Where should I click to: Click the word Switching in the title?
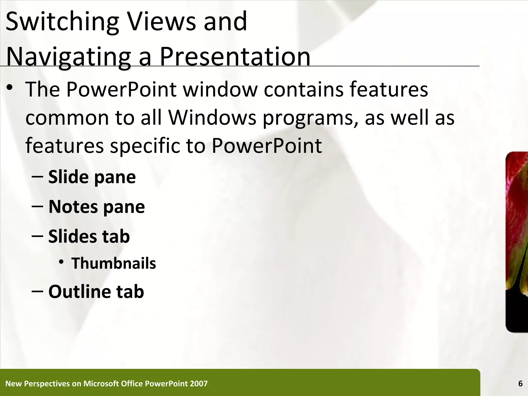pos(62,22)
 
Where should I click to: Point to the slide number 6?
pos(520,384)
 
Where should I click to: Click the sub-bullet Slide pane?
pos(92,177)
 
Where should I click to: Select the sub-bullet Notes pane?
pos(96,207)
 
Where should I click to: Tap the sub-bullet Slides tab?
pos(89,236)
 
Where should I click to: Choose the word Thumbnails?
pos(114,263)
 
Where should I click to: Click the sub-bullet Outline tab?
pos(96,292)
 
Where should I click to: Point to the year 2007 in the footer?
pos(199,384)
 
